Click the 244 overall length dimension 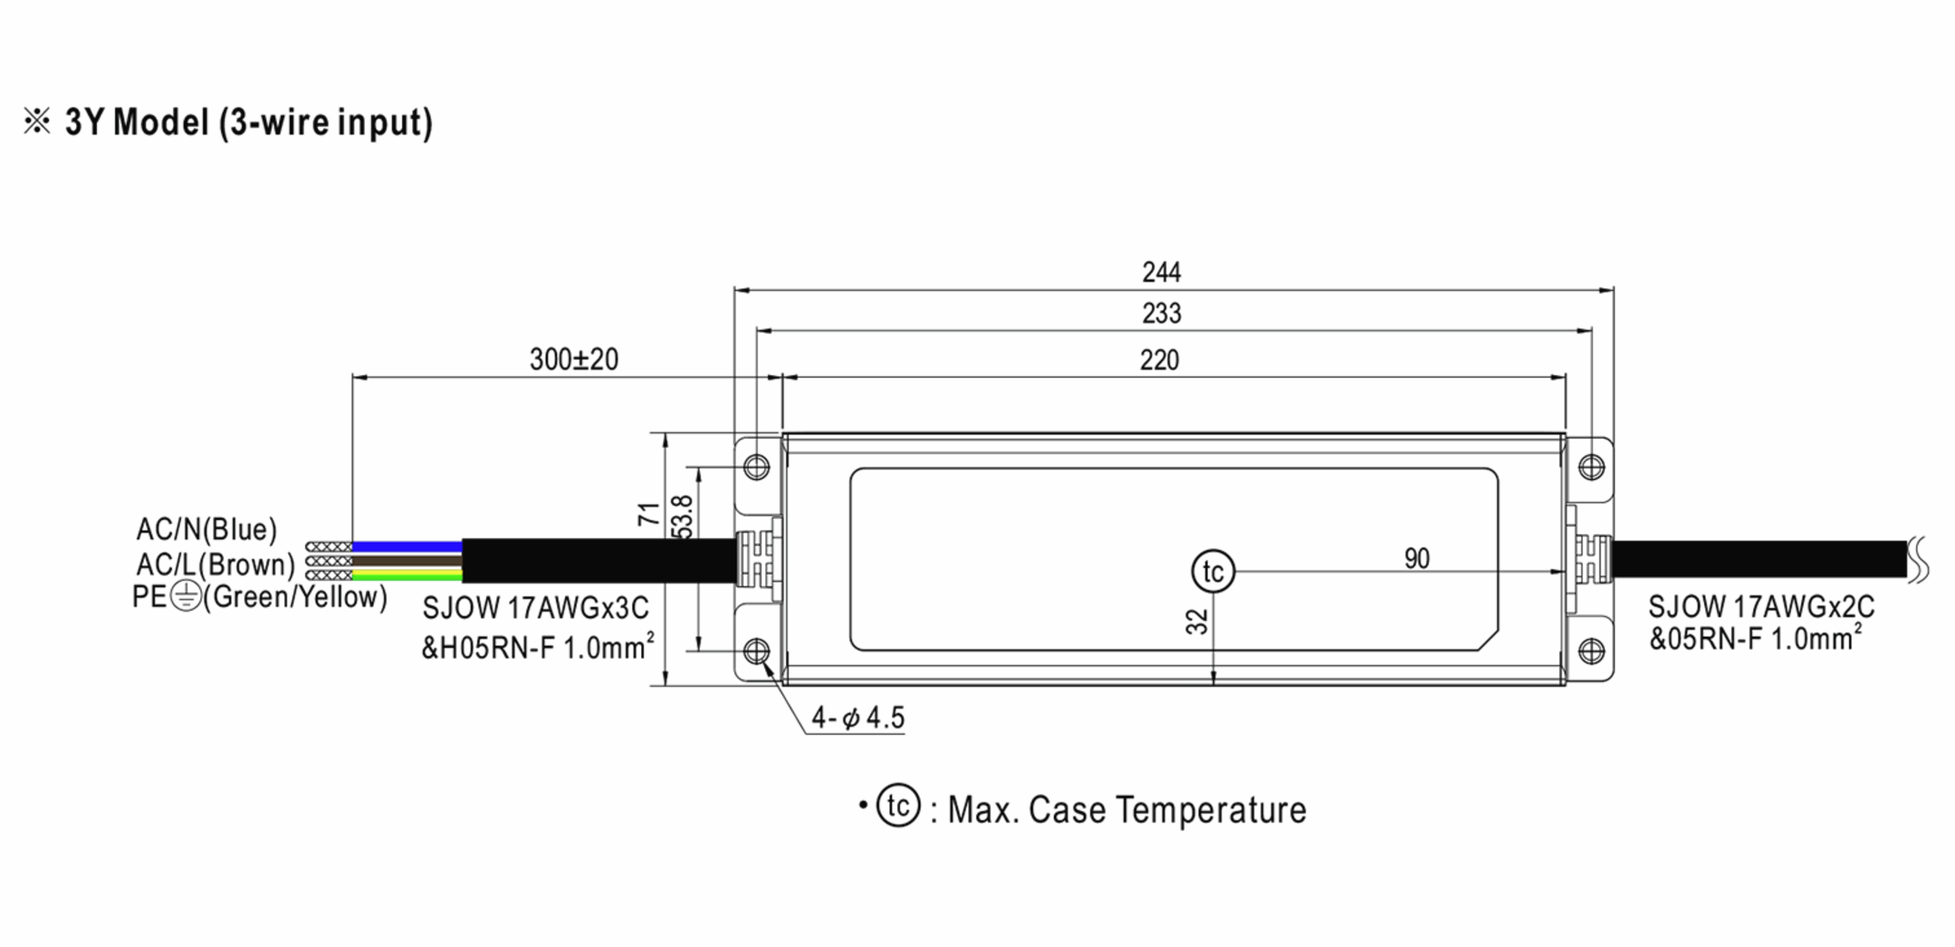[x=1161, y=272]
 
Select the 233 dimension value [x=1161, y=314]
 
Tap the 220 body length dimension [x=1159, y=360]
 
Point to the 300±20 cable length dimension [x=573, y=359]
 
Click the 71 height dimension [x=648, y=514]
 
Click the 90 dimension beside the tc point [x=1417, y=559]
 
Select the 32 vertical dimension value [x=1196, y=622]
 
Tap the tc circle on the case [x=1214, y=571]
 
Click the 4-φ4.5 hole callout [x=858, y=718]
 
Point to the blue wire [x=407, y=546]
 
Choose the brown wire [x=407, y=561]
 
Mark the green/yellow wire [x=407, y=575]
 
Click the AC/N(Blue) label [x=206, y=530]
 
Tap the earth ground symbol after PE [x=186, y=597]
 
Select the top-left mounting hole [x=757, y=467]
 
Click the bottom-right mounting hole [x=1592, y=651]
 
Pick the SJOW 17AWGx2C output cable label [x=1761, y=607]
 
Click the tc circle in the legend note [x=898, y=806]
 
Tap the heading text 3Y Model [x=137, y=123]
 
